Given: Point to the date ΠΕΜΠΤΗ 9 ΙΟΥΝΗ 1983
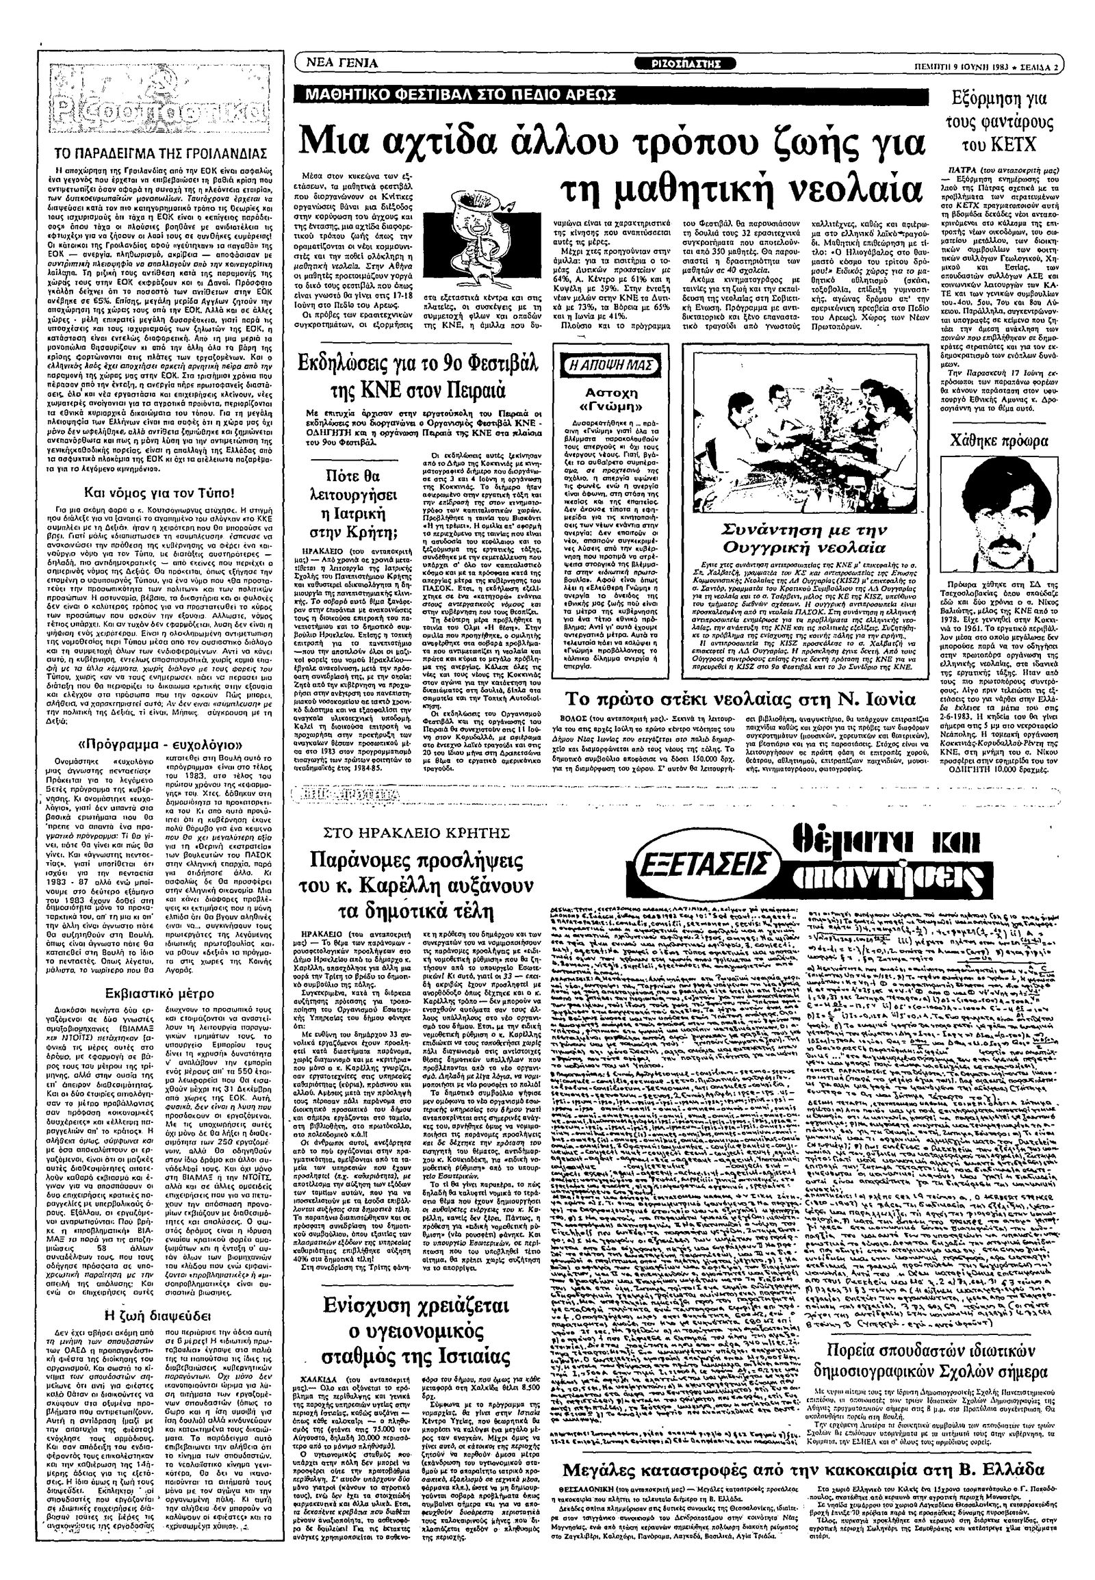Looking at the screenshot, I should click(x=966, y=66).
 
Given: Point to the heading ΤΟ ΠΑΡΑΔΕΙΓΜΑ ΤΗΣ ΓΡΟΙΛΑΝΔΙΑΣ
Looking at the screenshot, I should click(x=161, y=153).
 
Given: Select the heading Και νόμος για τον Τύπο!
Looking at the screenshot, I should click(x=159, y=492).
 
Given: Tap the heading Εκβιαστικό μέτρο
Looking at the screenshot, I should click(x=159, y=993).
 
